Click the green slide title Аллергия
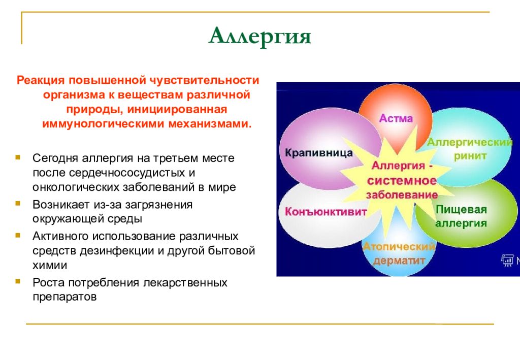point(259,37)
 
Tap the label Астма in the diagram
point(396,118)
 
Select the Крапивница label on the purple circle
point(319,153)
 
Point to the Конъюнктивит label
point(326,212)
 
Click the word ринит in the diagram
point(470,156)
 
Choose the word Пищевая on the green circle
point(461,210)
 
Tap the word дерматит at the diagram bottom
point(399,260)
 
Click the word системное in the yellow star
point(402,181)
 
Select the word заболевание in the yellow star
point(402,194)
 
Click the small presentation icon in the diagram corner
point(507,260)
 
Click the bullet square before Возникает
point(18,204)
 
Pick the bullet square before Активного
point(18,236)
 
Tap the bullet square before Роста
point(18,282)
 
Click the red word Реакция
point(41,81)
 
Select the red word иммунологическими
point(103,124)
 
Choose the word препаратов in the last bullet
point(64,297)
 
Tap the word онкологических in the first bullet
point(76,187)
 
